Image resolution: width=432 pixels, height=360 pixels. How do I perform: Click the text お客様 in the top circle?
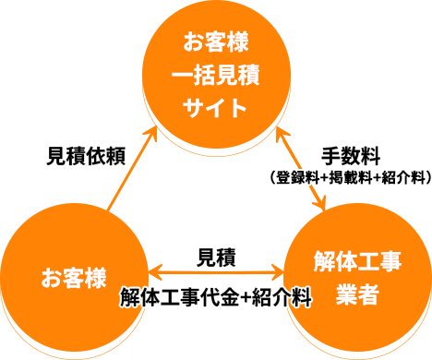[216, 42]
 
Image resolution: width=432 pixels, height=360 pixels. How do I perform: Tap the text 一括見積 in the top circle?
[216, 75]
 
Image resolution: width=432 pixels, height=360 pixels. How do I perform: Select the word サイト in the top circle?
[215, 108]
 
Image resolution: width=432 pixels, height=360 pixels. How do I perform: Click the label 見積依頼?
[86, 156]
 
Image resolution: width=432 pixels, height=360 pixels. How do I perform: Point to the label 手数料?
[351, 156]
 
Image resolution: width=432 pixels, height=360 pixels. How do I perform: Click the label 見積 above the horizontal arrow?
[216, 258]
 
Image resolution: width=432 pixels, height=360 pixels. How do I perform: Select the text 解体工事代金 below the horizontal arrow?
[179, 297]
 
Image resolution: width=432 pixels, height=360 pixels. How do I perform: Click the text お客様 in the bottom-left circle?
[74, 278]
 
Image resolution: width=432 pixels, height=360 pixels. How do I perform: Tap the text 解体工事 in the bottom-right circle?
[357, 261]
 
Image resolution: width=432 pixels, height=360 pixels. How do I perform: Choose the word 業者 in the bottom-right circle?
[357, 294]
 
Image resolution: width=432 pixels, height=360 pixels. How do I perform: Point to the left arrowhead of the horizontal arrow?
[155, 272]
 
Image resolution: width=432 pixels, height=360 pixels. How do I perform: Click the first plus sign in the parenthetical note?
[324, 178]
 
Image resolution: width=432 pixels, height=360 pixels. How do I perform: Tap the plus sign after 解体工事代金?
[246, 298]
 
